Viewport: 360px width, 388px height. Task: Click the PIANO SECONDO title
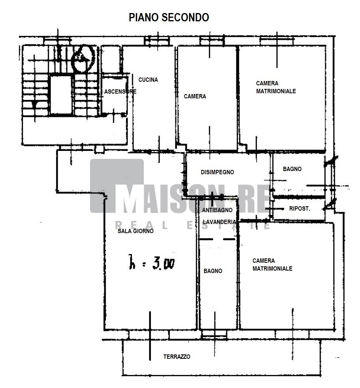pyautogui.click(x=169, y=17)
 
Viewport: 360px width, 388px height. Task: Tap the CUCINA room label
pyautogui.click(x=148, y=80)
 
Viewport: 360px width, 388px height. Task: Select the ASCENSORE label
pyautogui.click(x=120, y=92)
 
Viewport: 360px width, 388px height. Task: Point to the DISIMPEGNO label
pyautogui.click(x=217, y=172)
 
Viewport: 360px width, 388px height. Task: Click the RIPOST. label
pyautogui.click(x=300, y=209)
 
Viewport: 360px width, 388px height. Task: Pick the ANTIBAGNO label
pyautogui.click(x=217, y=210)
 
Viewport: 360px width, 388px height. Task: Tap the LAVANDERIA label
pyautogui.click(x=219, y=222)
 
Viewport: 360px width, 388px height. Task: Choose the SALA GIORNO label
pyautogui.click(x=135, y=231)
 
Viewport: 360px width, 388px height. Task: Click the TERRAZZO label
pyautogui.click(x=177, y=356)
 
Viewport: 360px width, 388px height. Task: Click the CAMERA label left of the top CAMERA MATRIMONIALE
pyautogui.click(x=195, y=96)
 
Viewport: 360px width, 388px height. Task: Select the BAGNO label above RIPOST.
pyautogui.click(x=292, y=169)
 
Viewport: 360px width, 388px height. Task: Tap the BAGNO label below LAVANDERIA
pyautogui.click(x=213, y=271)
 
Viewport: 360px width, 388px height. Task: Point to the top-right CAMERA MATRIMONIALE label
pyautogui.click(x=276, y=87)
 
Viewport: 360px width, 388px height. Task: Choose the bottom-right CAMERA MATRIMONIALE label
pyautogui.click(x=272, y=264)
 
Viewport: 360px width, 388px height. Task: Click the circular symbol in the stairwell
pyautogui.click(x=83, y=58)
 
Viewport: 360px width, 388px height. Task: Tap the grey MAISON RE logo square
pyautogui.click(x=117, y=186)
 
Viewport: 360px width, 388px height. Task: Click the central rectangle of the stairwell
pyautogui.click(x=61, y=95)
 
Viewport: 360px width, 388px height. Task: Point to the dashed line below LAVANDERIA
pyautogui.click(x=217, y=239)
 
